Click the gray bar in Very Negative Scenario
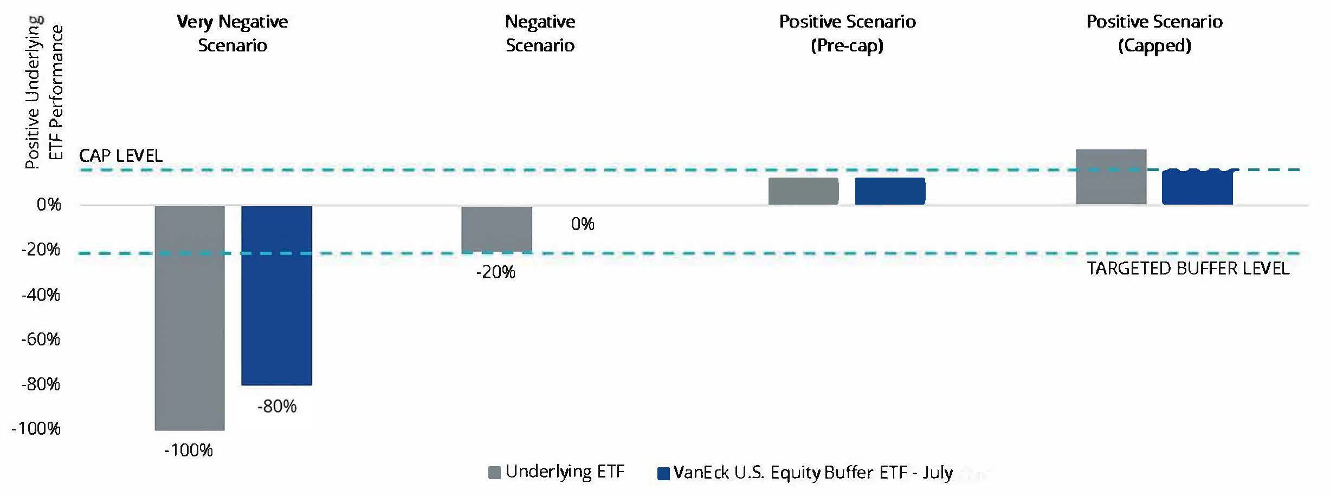(x=190, y=318)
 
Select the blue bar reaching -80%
(x=276, y=295)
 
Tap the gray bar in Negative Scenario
(x=496, y=229)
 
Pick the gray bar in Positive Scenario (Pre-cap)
(x=803, y=191)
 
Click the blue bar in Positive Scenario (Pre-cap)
(x=890, y=191)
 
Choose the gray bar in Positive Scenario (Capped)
(x=1111, y=177)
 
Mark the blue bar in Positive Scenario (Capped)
(x=1198, y=187)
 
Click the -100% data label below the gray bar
(x=189, y=450)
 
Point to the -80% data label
(x=277, y=406)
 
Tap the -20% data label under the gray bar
(x=495, y=272)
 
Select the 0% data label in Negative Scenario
(x=583, y=224)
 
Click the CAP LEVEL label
(x=121, y=156)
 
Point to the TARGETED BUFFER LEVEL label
(x=1188, y=269)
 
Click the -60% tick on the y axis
(x=41, y=339)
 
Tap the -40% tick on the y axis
(x=41, y=295)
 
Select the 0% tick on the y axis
(x=49, y=205)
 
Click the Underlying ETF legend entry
(x=557, y=472)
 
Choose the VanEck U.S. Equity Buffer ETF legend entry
(x=805, y=473)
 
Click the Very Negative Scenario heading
(x=233, y=33)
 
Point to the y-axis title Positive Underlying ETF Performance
(x=44, y=92)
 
